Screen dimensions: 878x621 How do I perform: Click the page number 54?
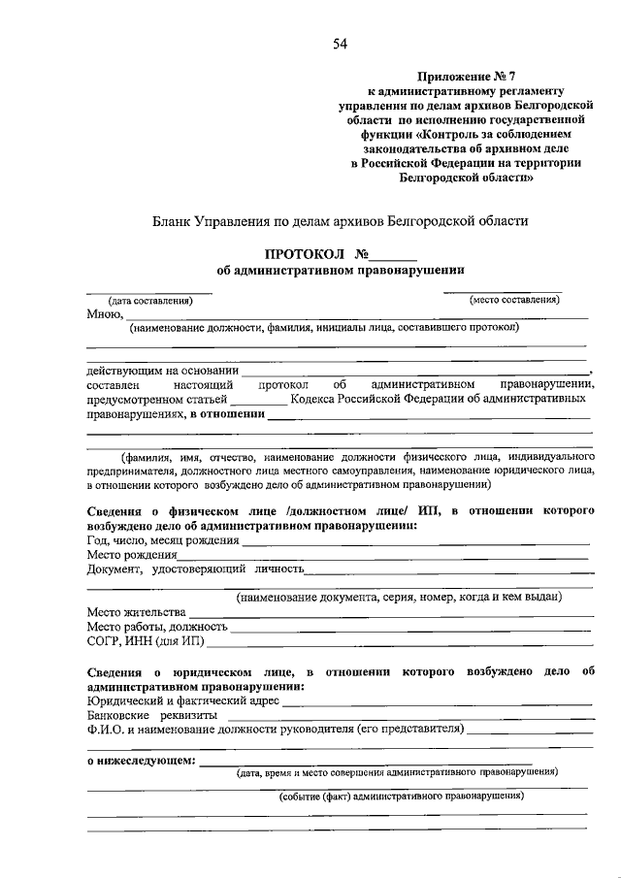[340, 43]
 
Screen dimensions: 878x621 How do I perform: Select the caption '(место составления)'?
[515, 300]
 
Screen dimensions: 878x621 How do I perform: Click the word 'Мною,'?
[105, 313]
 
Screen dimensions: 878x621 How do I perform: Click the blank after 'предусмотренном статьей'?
[260, 399]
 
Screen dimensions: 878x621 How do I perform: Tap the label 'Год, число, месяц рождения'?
[162, 540]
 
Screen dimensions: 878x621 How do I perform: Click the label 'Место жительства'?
[135, 612]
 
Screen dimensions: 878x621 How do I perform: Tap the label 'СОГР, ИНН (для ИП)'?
[145, 641]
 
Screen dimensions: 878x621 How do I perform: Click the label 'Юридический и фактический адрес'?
[182, 699]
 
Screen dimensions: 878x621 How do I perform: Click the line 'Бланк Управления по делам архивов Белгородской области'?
[340, 221]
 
